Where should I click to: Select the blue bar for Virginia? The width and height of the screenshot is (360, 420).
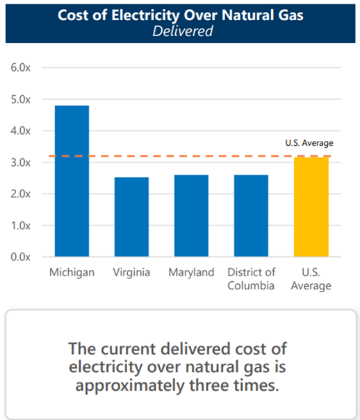[x=131, y=217]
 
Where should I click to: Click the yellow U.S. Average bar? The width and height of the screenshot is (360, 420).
[x=311, y=207]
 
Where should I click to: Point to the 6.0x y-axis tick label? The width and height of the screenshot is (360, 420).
[x=20, y=68]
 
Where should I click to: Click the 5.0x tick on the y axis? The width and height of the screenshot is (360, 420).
[x=20, y=99]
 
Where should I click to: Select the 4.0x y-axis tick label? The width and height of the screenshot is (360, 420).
[x=20, y=131]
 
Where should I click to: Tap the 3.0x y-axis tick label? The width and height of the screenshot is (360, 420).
[x=20, y=162]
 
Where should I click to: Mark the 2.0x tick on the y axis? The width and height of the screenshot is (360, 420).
[x=20, y=194]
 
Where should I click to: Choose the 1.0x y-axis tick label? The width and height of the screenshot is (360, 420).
[x=20, y=226]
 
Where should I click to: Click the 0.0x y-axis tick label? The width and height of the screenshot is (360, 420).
[x=20, y=257]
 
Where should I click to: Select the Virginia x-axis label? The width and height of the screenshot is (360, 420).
[x=131, y=272]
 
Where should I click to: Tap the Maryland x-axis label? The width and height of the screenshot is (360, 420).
[x=191, y=272]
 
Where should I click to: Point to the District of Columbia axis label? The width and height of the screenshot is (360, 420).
[x=251, y=278]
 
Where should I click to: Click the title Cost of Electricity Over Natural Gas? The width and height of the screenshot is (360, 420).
[x=179, y=15]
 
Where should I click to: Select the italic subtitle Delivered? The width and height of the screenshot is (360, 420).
[x=179, y=31]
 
